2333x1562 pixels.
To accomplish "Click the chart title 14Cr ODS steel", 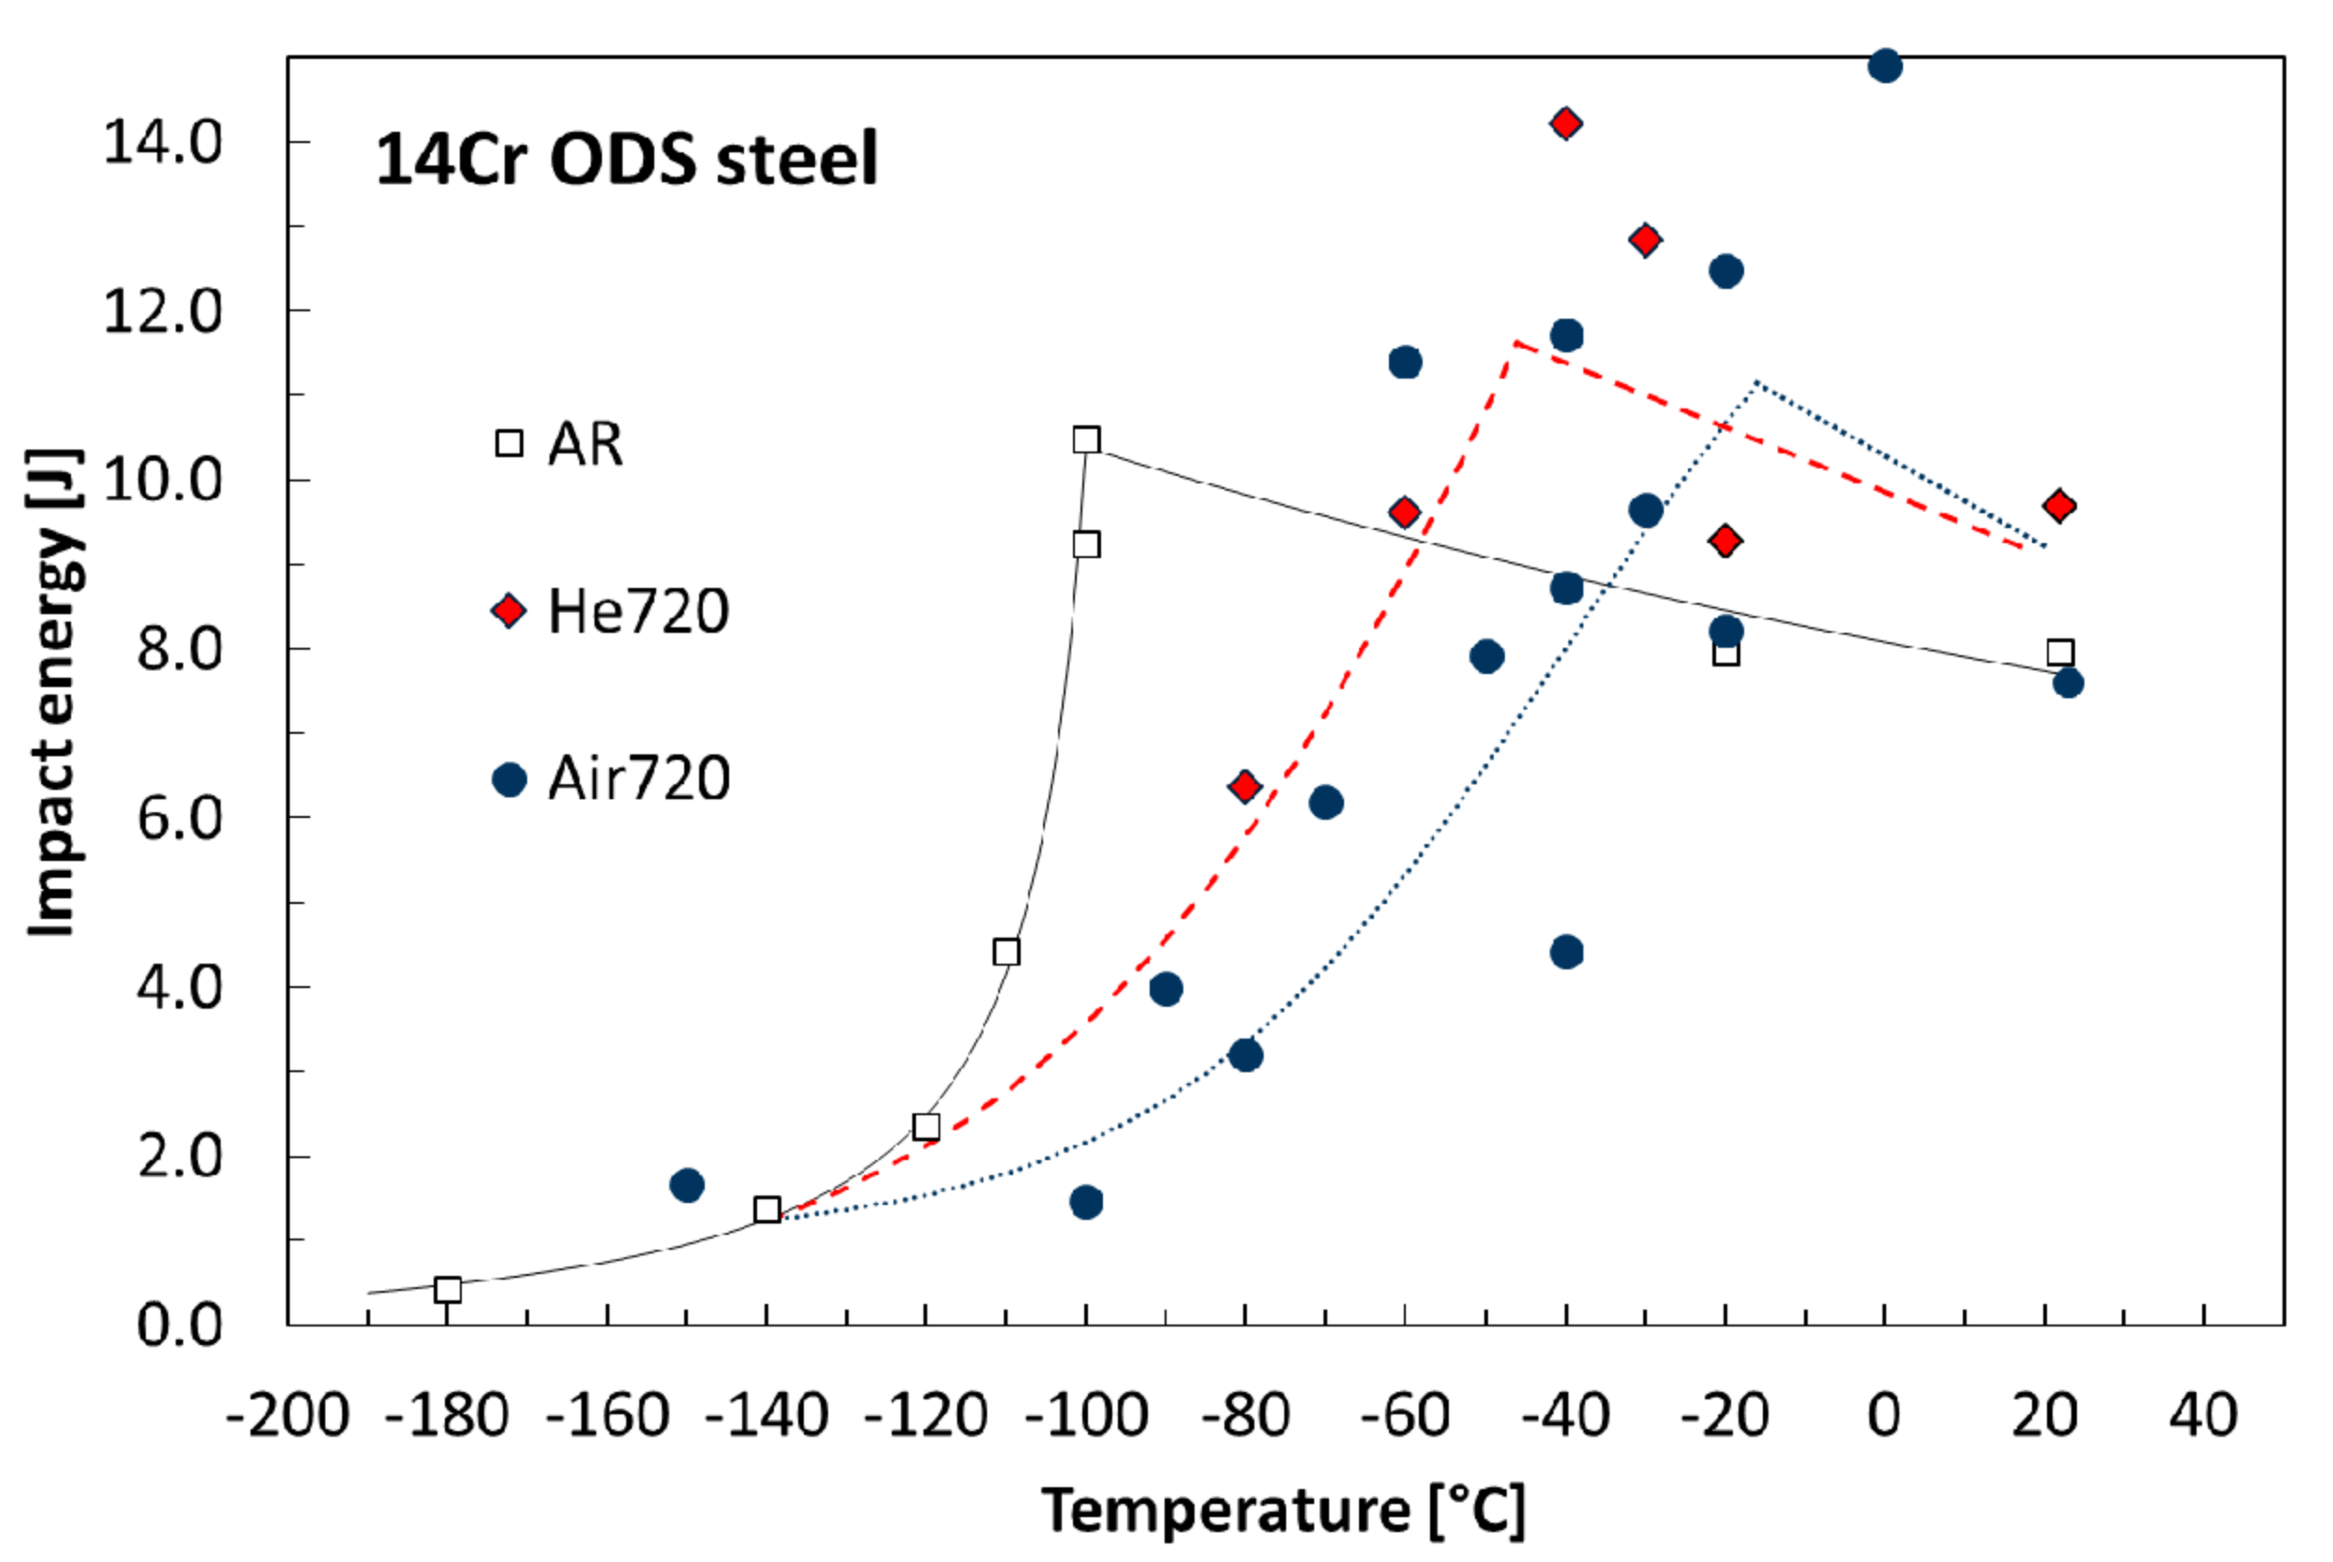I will click(625, 160).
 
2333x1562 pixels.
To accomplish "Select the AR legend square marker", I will click(509, 443).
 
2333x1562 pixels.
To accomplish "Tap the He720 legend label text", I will click(637, 610).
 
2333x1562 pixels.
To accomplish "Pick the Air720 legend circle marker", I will click(509, 779).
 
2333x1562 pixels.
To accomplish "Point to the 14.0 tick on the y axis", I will click(163, 142).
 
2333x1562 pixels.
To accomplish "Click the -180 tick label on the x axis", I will click(448, 1415).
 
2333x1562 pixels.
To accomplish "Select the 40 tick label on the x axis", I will click(2203, 1415).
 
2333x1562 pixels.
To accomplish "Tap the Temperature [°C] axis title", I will click(1283, 1511).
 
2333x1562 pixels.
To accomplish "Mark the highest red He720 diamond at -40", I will click(1566, 123).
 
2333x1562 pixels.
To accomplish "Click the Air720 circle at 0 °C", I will click(1884, 66).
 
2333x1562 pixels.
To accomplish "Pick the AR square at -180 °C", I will click(449, 1290).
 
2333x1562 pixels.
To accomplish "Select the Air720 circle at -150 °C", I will click(687, 1185).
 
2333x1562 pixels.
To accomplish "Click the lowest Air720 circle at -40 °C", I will click(1567, 953).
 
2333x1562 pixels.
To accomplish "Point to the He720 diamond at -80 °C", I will click(1245, 787).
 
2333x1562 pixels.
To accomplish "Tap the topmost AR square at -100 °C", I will click(1087, 440).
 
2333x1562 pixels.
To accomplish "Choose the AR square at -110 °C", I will click(1007, 953).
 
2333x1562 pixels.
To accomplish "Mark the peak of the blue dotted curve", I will click(1757, 381).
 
